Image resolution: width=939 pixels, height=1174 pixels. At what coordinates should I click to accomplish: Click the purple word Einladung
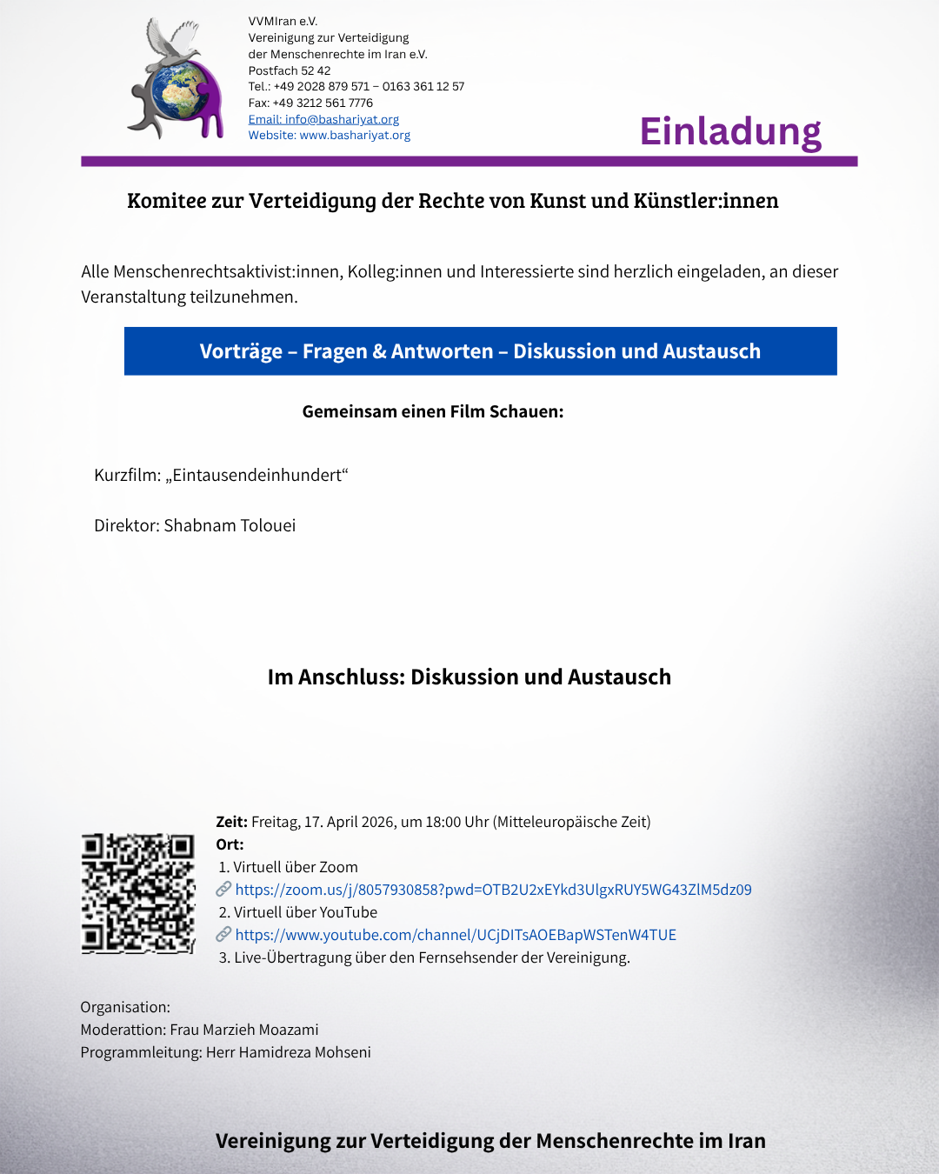tap(730, 131)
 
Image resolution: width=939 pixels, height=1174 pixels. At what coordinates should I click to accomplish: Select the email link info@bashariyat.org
tap(323, 119)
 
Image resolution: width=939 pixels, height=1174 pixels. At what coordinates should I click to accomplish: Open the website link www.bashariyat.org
tap(355, 136)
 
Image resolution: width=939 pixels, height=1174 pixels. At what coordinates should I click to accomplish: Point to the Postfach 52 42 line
tap(290, 70)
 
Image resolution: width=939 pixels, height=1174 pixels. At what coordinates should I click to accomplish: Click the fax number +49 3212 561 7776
tap(323, 103)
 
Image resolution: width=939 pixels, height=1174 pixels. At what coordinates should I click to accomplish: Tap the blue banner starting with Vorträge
tap(480, 351)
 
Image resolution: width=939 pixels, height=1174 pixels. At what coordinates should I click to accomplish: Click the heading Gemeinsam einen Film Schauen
tap(433, 411)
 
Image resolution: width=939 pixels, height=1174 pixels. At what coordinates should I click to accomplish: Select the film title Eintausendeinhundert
tap(256, 476)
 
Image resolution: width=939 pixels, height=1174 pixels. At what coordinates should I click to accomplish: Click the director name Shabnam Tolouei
tap(230, 525)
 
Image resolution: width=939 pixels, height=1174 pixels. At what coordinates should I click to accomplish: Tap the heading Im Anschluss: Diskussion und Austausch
tap(469, 677)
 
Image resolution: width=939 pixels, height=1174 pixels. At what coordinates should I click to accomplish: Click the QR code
tap(138, 893)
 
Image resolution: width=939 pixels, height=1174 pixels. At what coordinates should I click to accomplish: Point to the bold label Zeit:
tap(231, 822)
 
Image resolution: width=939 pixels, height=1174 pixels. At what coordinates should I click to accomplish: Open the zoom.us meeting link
tap(493, 890)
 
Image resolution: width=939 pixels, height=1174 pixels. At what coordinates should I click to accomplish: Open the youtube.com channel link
tap(456, 935)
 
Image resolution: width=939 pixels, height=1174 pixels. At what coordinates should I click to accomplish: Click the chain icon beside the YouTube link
tap(223, 934)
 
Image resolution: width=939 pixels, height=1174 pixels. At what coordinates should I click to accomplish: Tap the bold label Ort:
tap(230, 844)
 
